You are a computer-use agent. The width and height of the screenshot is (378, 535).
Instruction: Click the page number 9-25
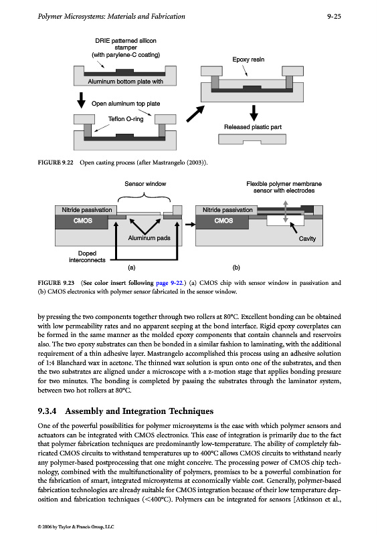coord(334,16)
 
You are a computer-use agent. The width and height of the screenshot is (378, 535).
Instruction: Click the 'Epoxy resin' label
coord(248,60)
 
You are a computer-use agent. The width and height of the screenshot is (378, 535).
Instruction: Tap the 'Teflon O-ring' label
coord(126,119)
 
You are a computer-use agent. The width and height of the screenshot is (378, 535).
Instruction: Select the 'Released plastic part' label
coord(253,127)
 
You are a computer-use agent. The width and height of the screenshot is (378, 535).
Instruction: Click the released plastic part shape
coord(252,139)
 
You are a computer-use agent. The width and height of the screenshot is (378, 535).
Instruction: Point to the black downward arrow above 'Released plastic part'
coord(254,112)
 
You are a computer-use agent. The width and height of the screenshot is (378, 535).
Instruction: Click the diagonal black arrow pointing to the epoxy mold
coord(195,114)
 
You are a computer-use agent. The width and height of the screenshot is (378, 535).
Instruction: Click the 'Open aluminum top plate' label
coord(126,104)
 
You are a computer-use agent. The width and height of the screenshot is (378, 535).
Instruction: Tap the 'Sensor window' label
coord(145,184)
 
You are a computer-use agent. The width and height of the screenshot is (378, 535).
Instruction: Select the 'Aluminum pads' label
coord(149,238)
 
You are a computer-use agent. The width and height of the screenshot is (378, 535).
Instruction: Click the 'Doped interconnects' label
coord(87,257)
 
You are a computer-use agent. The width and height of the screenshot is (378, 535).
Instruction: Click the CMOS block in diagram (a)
coord(83,221)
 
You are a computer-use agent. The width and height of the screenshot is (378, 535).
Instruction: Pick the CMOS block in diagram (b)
coord(223,221)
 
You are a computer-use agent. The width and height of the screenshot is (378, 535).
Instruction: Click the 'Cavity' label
coord(307,239)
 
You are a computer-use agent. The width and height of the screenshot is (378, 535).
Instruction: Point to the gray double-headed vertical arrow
coord(286,211)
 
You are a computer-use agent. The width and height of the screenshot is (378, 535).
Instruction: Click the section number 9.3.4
coord(47,411)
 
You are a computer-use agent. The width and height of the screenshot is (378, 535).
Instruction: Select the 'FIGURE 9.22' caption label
coord(56,163)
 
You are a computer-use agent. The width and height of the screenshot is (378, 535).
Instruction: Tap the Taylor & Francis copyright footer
coord(76,527)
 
